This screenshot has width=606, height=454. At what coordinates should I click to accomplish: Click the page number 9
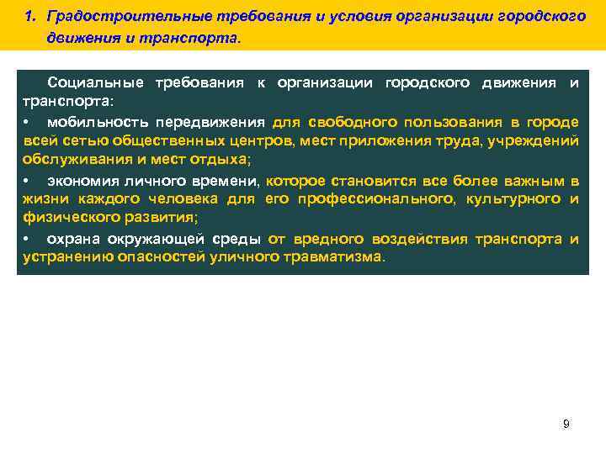566,424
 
